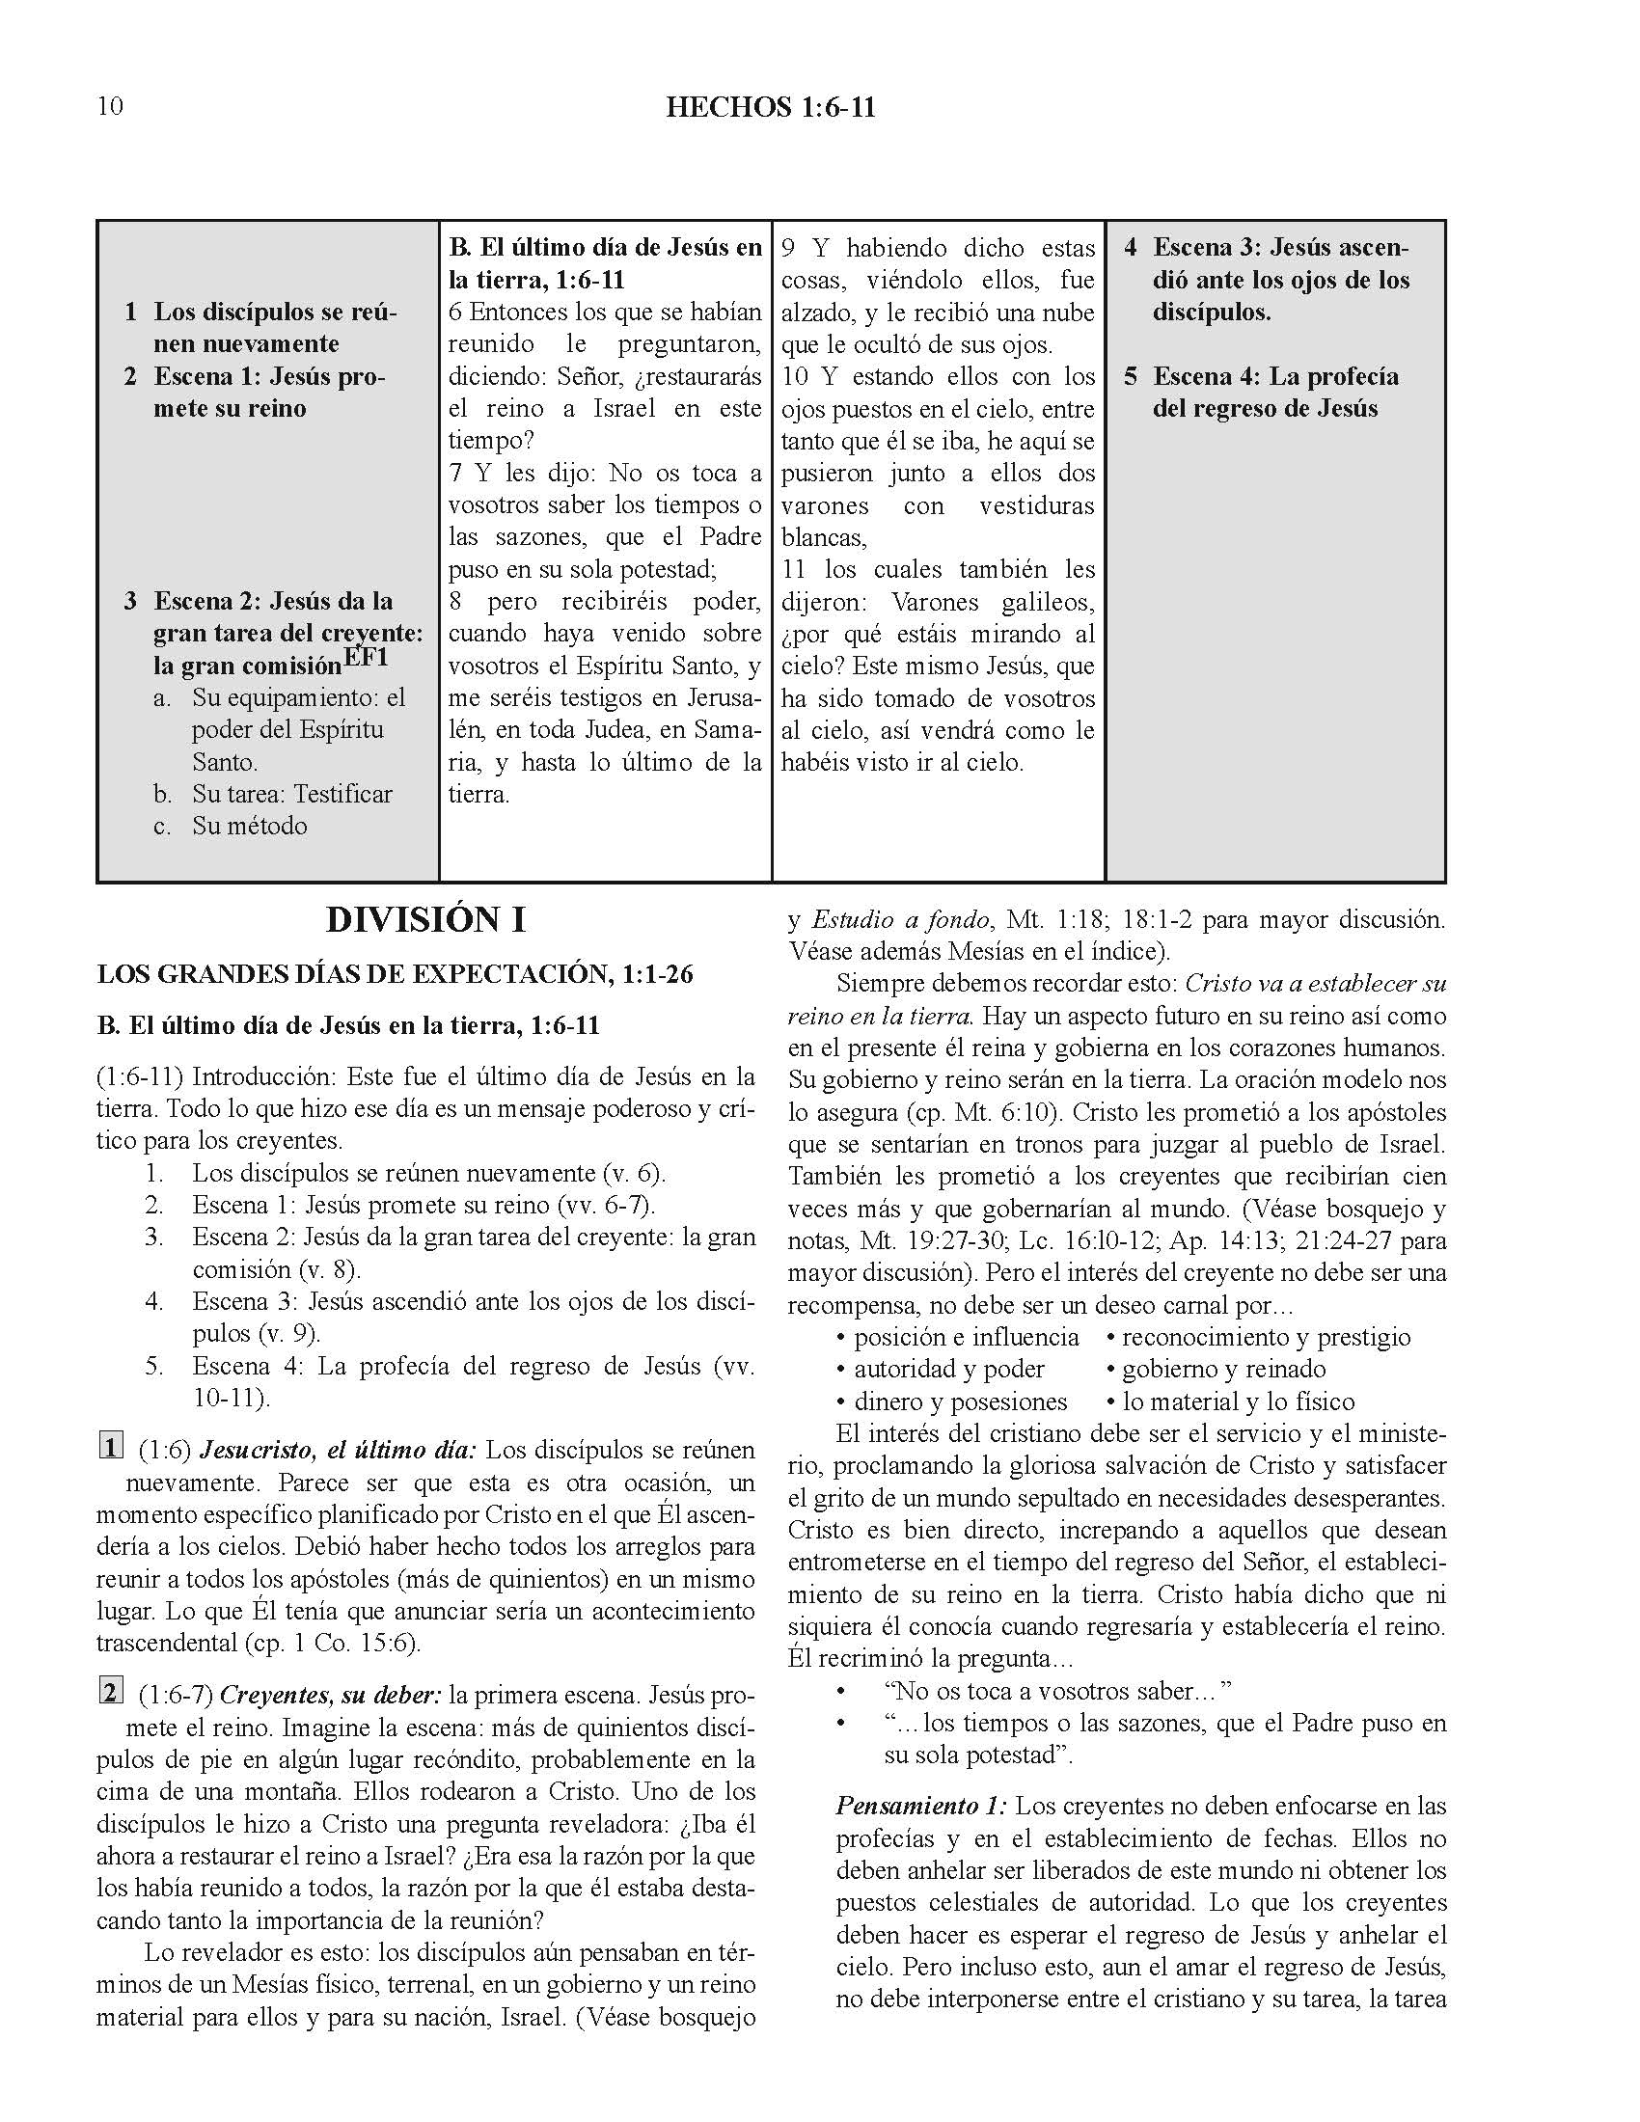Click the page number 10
click(110, 106)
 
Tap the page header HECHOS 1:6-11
click(771, 107)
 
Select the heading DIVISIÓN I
click(425, 920)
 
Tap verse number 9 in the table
click(790, 249)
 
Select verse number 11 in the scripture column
click(794, 569)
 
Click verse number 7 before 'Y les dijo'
click(455, 474)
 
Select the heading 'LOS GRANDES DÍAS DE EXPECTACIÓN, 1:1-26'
click(396, 974)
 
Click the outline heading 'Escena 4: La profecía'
click(1275, 377)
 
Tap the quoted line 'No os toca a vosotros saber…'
click(1058, 1692)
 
